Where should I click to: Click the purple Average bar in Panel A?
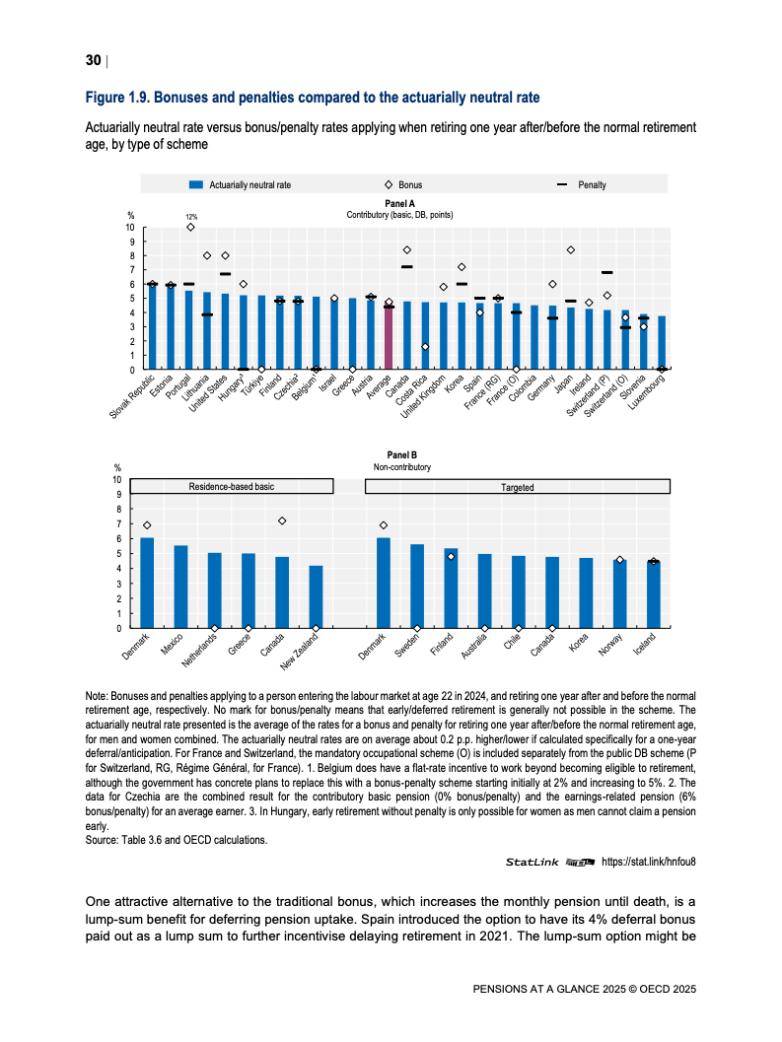[x=389, y=338]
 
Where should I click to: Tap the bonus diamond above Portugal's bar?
[x=189, y=227]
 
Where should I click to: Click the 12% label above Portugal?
[x=191, y=216]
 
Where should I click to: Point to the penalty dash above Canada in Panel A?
[x=406, y=267]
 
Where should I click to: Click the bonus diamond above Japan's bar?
[x=571, y=250]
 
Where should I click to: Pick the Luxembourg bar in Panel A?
[x=662, y=343]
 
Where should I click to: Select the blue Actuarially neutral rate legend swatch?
[x=196, y=184]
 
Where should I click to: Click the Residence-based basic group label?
[x=232, y=487]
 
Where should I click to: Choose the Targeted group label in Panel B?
[x=517, y=487]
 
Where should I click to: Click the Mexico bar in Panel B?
[x=180, y=587]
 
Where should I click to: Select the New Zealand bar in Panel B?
[x=316, y=597]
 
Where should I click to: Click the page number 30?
[x=93, y=61]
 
